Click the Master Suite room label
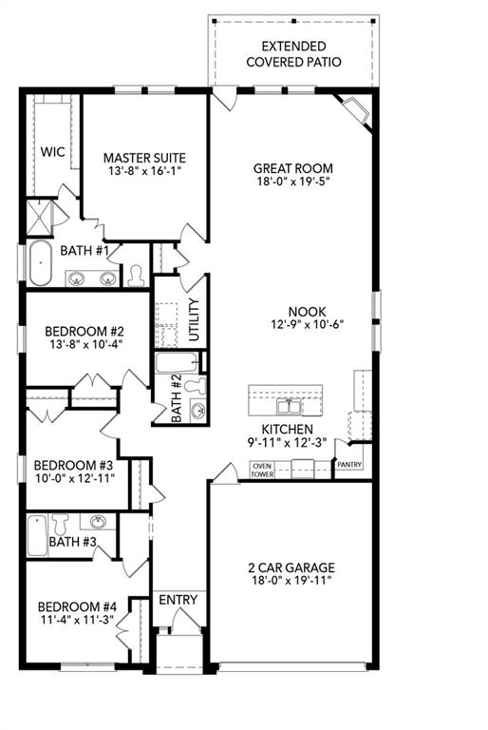click(144, 158)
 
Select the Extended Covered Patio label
click(293, 54)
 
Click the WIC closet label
click(52, 150)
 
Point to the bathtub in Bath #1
click(40, 263)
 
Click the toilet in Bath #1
click(136, 275)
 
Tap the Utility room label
click(194, 320)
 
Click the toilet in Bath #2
click(197, 386)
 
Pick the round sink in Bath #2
click(197, 411)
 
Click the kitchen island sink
click(286, 407)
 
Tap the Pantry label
click(349, 465)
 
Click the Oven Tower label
click(262, 469)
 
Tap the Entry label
click(178, 600)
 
